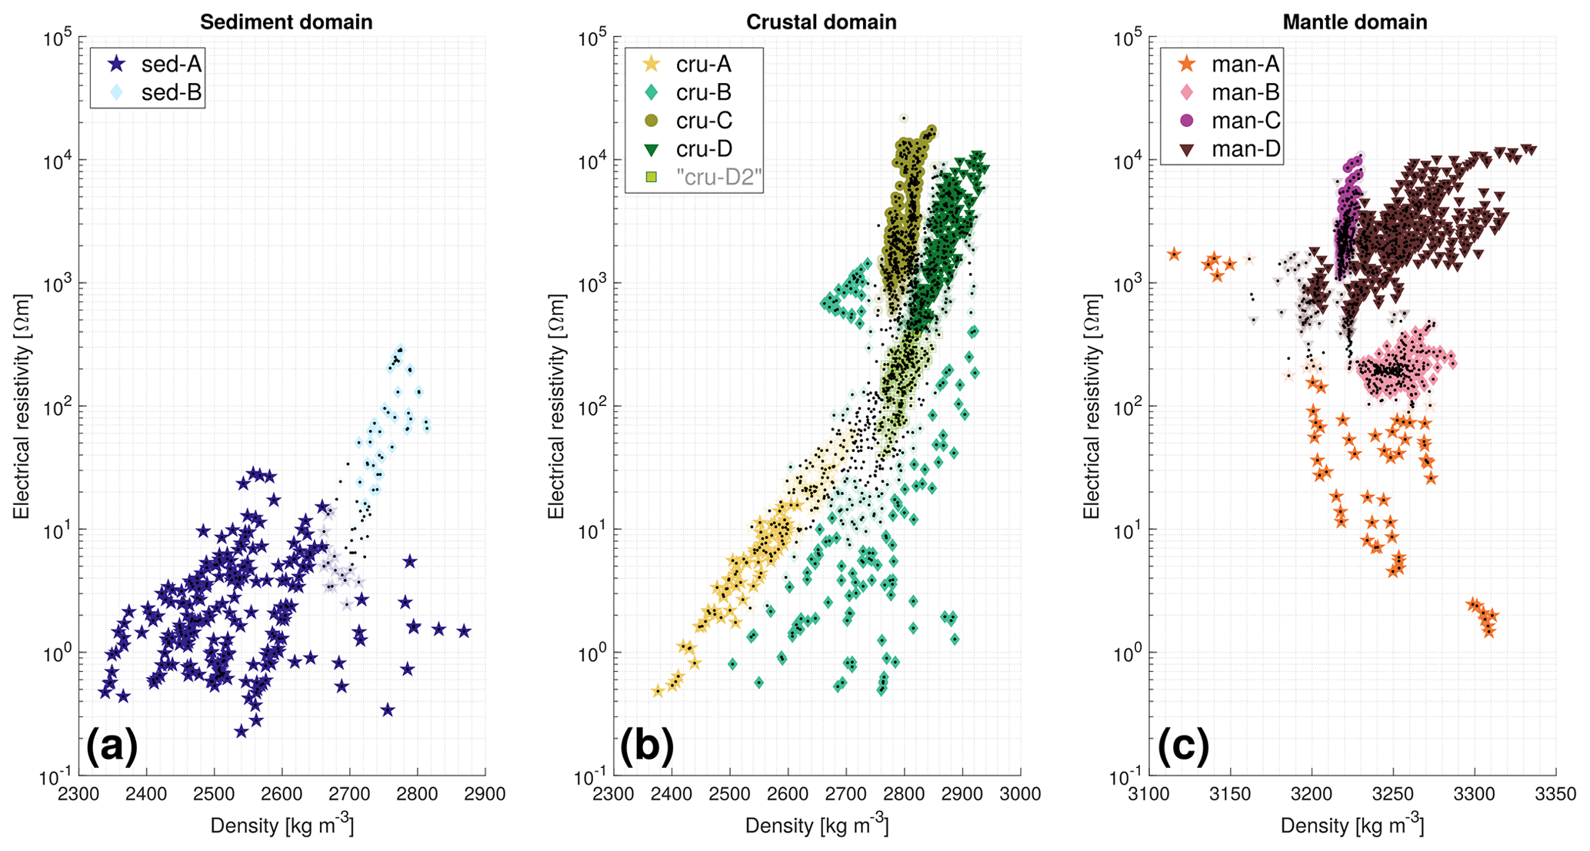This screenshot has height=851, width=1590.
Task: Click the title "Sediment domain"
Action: coord(286,22)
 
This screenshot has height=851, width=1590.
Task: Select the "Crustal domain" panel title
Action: coord(821,22)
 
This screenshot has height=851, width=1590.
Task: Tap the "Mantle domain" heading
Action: coord(1355,22)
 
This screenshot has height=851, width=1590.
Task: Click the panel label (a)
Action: coord(112,746)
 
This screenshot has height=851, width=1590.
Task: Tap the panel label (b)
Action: coord(647,746)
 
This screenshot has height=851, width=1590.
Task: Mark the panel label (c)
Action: coord(1182,746)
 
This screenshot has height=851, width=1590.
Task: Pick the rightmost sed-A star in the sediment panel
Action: coord(464,631)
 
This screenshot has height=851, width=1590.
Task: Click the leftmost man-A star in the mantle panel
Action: coord(1174,254)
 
